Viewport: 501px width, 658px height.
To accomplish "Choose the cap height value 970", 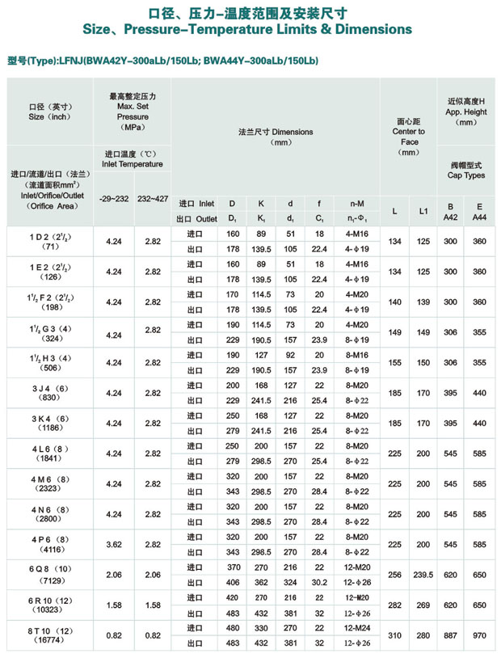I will point(479,635).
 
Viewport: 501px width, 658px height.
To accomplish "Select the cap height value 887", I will point(451,635).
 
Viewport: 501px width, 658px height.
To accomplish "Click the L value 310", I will point(394,635).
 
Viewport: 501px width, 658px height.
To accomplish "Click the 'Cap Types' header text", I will point(466,175).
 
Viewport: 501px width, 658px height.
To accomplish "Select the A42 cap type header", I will point(451,217).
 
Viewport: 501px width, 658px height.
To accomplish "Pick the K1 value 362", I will point(261,581).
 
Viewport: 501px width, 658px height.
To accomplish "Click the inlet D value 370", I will point(232,567).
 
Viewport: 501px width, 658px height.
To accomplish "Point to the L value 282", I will point(394,605).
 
